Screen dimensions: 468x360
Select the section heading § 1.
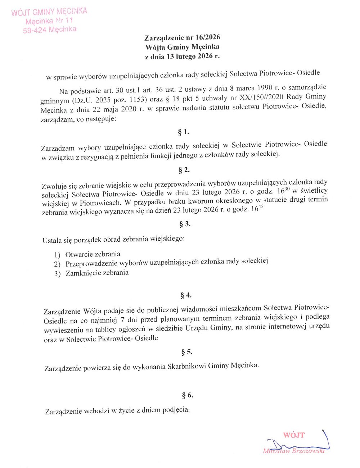184,132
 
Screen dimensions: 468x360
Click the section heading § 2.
184,170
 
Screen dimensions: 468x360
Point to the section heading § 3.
185,224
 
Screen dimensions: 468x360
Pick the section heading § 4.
186,295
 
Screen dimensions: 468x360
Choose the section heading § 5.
187,352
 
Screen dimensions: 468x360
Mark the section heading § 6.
188,395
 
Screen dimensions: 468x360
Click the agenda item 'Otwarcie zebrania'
93,254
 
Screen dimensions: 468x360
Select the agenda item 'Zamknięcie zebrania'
97,273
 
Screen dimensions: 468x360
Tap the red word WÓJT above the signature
294,435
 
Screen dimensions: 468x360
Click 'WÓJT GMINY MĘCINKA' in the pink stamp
49,12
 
